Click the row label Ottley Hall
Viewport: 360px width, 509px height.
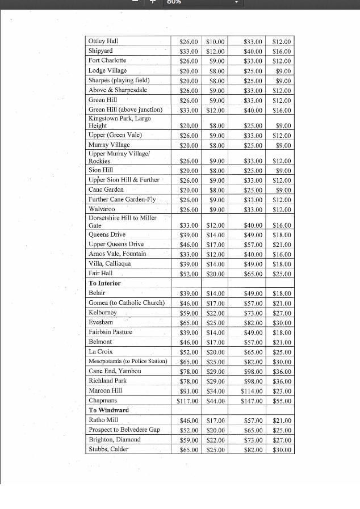pos(103,41)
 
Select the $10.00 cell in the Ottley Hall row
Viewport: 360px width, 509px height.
pos(215,42)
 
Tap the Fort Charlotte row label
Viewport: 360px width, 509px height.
pos(107,60)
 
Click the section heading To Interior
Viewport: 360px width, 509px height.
pos(104,283)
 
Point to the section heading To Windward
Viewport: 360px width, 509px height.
pos(108,410)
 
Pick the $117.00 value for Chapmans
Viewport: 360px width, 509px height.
pos(187,401)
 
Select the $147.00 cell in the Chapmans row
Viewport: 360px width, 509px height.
pos(253,401)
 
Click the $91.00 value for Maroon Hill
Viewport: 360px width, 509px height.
pos(189,391)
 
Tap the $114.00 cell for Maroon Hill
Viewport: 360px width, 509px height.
pos(253,391)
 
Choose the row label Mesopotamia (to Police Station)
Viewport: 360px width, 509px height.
pos(128,361)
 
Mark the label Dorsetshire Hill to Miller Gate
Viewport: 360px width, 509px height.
pos(122,221)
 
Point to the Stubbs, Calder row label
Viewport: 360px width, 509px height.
pos(108,449)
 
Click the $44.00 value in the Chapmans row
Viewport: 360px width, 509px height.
pos(215,401)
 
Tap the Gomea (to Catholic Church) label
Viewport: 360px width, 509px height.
pos(127,303)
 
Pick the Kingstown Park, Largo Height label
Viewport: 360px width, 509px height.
pos(119,122)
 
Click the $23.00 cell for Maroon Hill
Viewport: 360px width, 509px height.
pos(282,391)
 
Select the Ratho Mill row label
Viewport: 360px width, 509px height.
pos(103,420)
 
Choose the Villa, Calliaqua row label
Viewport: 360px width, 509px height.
pos(110,264)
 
